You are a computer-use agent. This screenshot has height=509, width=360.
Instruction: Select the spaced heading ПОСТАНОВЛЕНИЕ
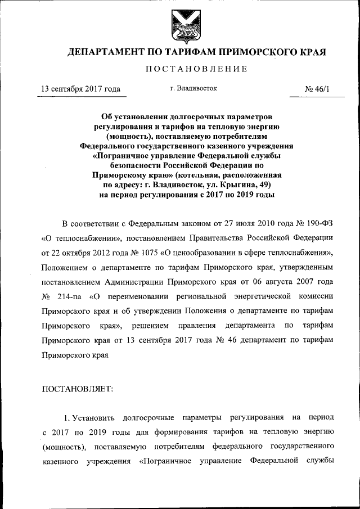coord(196,70)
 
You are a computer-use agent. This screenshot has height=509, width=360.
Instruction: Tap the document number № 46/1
coord(316,89)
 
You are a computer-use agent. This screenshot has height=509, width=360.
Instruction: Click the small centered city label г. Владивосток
coord(193,88)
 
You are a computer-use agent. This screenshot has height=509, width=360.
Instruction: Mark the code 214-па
coord(72,296)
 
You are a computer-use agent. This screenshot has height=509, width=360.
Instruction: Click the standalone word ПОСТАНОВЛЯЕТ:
coord(78,389)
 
